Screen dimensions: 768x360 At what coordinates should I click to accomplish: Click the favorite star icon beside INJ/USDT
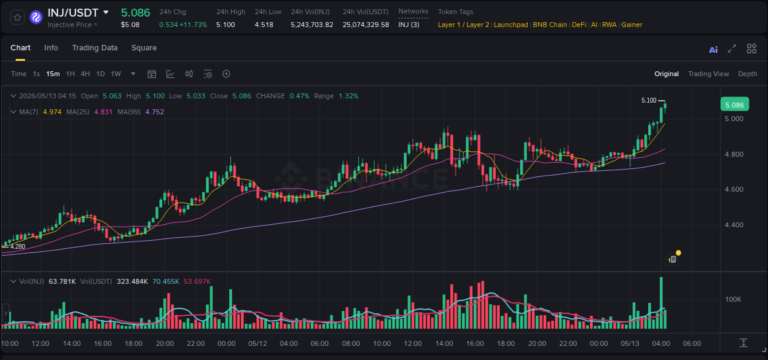click(17, 17)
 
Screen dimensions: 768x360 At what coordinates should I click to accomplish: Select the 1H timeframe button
click(70, 74)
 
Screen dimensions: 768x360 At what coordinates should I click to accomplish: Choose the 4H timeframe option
click(85, 74)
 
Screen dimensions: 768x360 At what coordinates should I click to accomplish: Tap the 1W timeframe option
click(116, 74)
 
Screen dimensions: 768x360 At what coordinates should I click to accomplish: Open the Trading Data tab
click(95, 48)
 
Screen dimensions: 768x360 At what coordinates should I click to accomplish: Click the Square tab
click(144, 48)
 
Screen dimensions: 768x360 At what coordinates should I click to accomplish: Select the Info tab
click(51, 48)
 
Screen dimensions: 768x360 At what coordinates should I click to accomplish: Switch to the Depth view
click(748, 74)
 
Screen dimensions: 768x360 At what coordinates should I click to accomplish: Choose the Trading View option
click(708, 74)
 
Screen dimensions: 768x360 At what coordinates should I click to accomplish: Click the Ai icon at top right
click(713, 50)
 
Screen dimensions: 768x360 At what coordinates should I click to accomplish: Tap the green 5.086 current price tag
click(735, 104)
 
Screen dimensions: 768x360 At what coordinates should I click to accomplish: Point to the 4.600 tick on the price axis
click(734, 189)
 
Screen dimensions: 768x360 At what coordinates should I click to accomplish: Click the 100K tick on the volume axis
click(733, 299)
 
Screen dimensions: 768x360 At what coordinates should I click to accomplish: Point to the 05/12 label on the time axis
click(257, 343)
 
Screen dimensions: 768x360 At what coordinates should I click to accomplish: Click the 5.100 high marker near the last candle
click(649, 101)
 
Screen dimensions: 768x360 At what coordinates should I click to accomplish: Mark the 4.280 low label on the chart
click(17, 246)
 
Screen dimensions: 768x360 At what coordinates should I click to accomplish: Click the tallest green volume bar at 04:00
click(661, 303)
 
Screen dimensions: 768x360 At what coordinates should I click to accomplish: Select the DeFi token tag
click(579, 25)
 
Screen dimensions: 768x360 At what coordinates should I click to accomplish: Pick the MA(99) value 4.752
click(154, 112)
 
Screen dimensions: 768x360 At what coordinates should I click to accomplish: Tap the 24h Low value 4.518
click(264, 25)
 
